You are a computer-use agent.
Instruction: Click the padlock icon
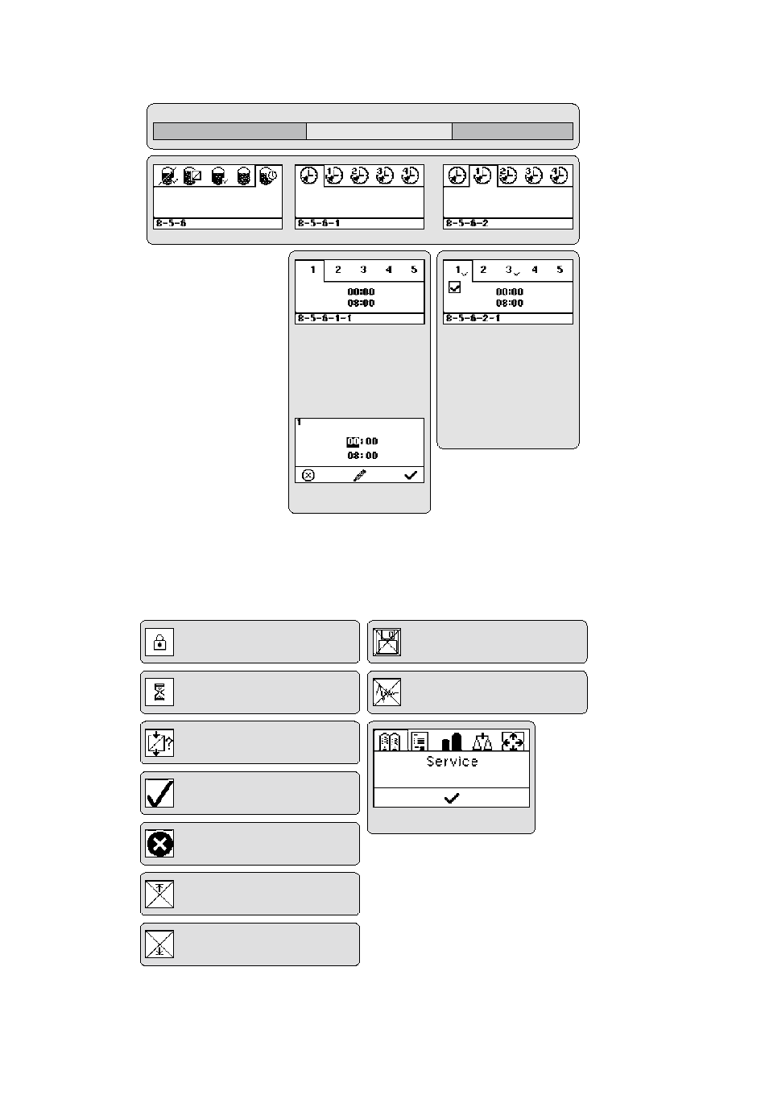pos(159,642)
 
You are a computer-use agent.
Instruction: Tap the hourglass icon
pos(159,692)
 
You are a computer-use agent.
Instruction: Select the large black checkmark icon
pos(159,793)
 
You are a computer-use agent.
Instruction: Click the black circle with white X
pos(159,843)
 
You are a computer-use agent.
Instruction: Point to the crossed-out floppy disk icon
pos(387,642)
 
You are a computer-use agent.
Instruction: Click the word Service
pos(452,762)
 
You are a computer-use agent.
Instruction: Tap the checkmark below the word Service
pos(452,798)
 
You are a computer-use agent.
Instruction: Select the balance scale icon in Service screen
pos(483,741)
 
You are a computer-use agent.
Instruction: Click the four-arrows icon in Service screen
pos(513,741)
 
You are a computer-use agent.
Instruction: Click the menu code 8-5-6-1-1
pos(324,319)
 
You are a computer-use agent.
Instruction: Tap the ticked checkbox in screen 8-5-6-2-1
pos(455,287)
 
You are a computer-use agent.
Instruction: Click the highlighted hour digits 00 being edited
pos(352,441)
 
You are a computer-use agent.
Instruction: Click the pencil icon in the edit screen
pos(359,476)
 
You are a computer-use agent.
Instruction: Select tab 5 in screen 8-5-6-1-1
pos(414,271)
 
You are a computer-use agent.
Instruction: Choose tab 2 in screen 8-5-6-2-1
pos(483,271)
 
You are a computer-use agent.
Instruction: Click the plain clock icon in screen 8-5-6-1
pos(308,176)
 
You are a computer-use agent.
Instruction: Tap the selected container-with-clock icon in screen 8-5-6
pos(269,176)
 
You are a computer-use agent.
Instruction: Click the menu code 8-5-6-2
pos(467,223)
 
